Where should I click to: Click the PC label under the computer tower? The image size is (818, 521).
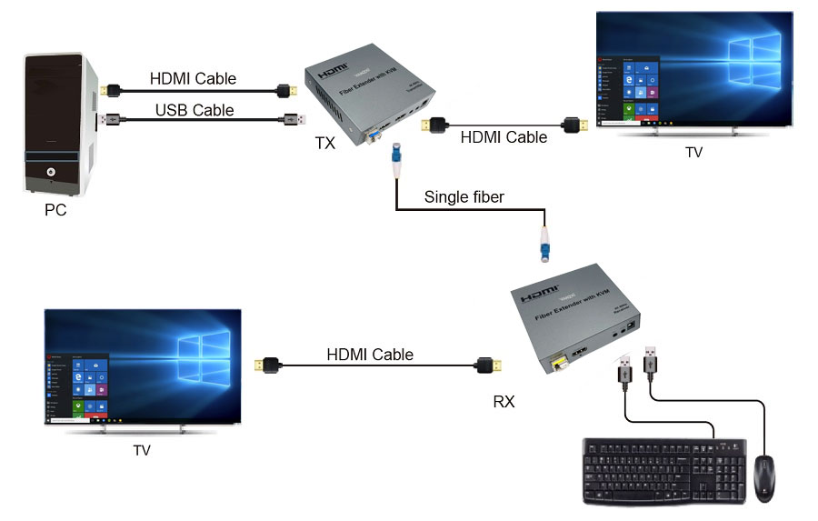(x=55, y=210)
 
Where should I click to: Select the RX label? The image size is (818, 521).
(x=504, y=400)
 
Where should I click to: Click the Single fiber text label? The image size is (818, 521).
(x=464, y=197)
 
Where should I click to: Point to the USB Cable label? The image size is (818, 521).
(x=194, y=110)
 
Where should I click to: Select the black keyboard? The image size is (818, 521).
(x=664, y=471)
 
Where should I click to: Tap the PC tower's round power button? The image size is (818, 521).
(x=51, y=172)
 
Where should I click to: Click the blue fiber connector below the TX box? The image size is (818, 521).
(x=396, y=158)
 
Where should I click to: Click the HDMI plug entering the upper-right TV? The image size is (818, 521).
(x=572, y=124)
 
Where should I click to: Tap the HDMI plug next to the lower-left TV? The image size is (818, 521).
(x=268, y=366)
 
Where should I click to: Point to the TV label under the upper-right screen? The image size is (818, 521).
(x=693, y=153)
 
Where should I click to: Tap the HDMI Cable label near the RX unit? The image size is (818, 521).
(x=370, y=355)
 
